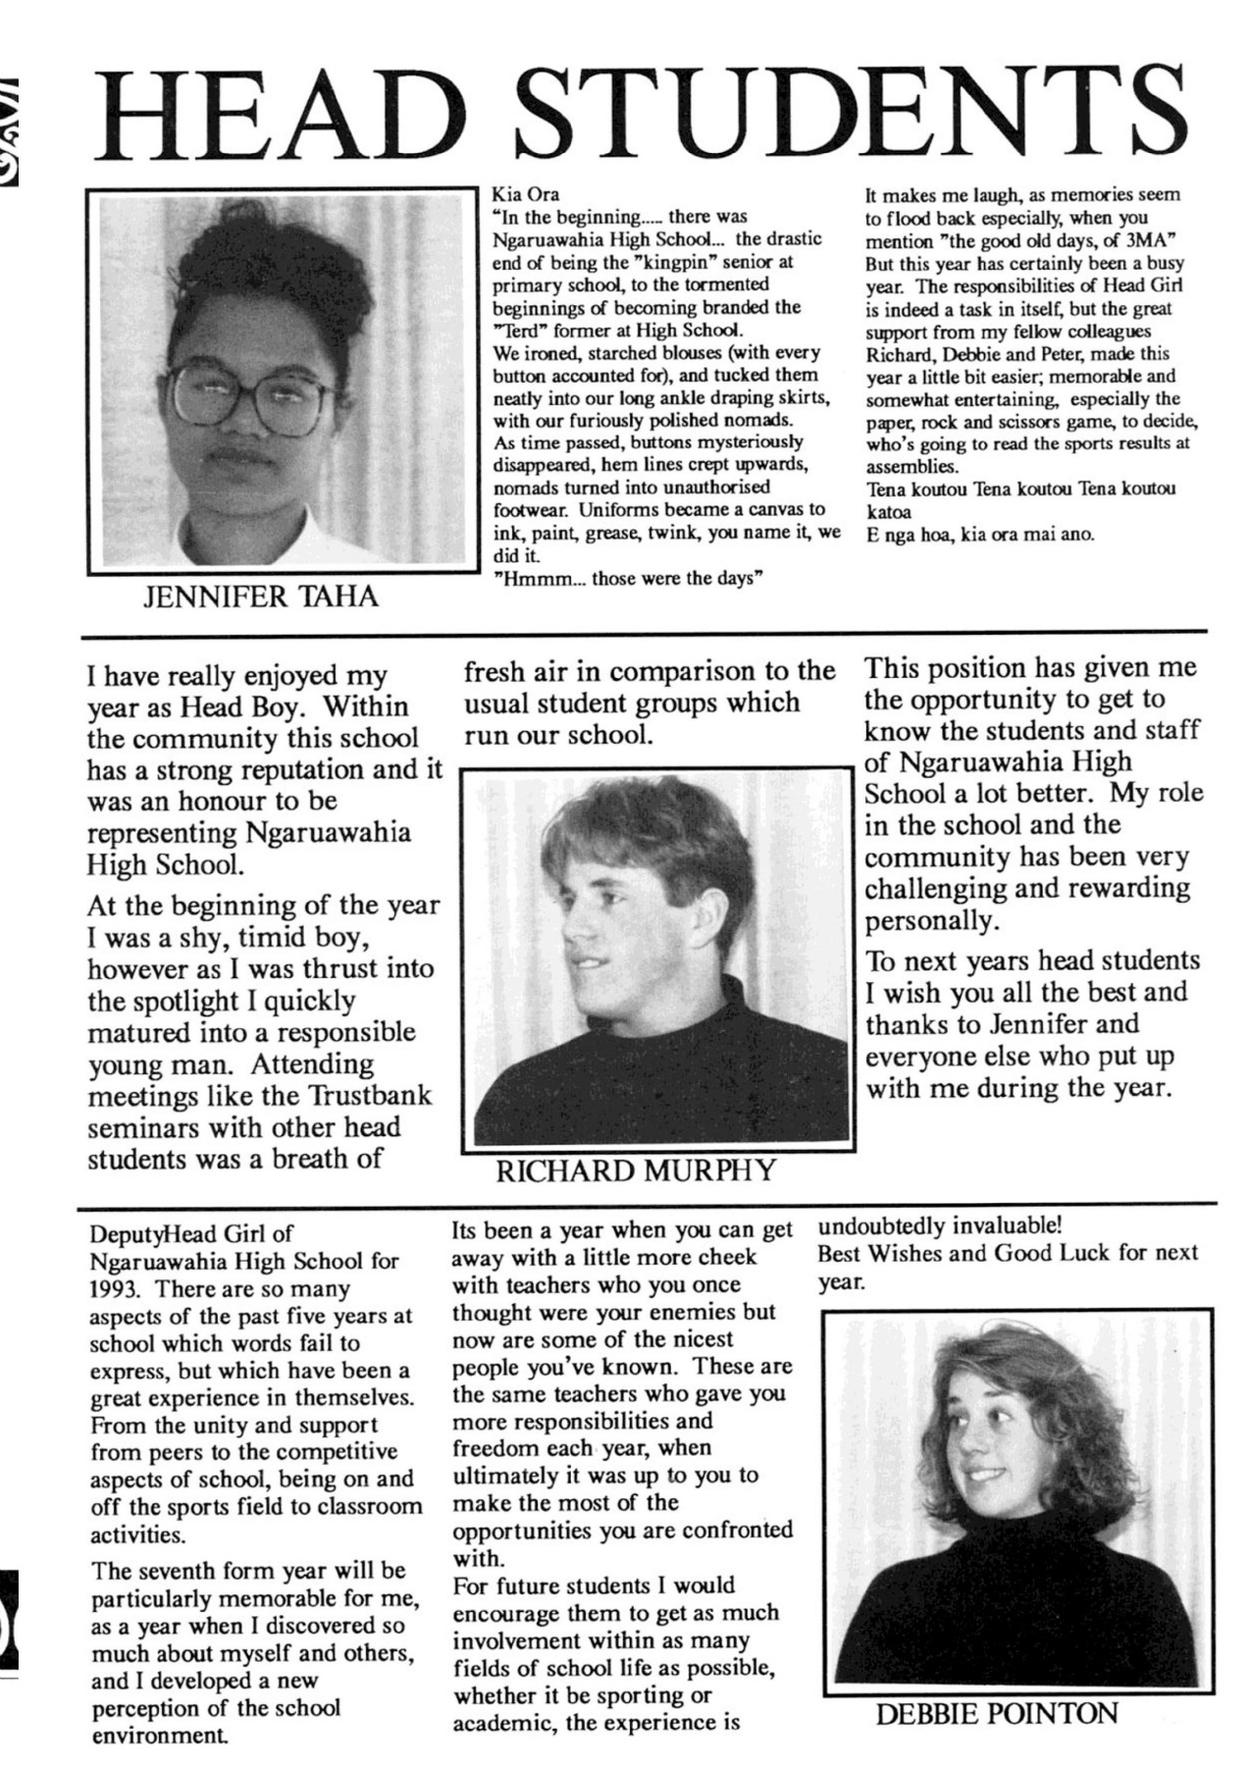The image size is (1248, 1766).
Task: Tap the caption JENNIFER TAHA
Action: pyautogui.click(x=260, y=597)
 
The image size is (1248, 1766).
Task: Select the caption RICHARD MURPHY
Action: pyautogui.click(x=636, y=1169)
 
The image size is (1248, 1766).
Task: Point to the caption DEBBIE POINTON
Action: pyautogui.click(x=996, y=1714)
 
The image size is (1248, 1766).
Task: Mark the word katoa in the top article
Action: pyautogui.click(x=888, y=511)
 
